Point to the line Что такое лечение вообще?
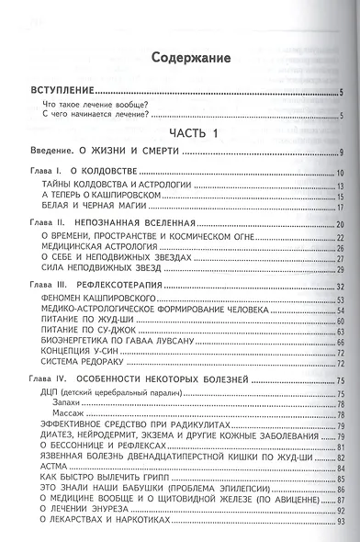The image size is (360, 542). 96,105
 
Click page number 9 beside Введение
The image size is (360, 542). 341,152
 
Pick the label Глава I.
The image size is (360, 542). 44,173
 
